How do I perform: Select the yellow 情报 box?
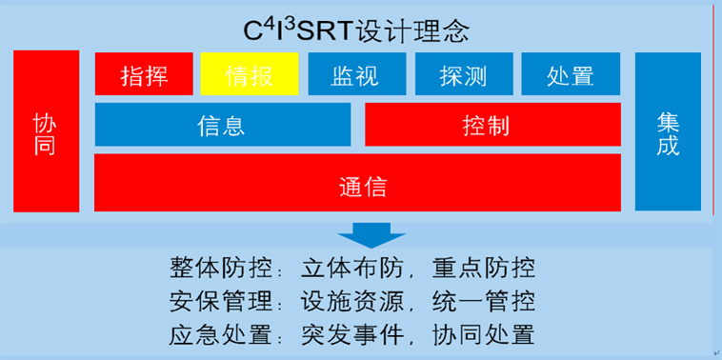tap(250, 74)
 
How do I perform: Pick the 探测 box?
tap(464, 74)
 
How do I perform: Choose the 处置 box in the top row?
tap(571, 74)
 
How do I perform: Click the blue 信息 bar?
tap(222, 125)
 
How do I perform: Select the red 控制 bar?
tap(492, 125)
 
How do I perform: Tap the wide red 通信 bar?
tap(357, 182)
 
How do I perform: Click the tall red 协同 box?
tap(46, 131)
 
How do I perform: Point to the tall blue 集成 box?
tap(668, 131)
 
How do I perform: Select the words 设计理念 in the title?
tap(412, 30)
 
